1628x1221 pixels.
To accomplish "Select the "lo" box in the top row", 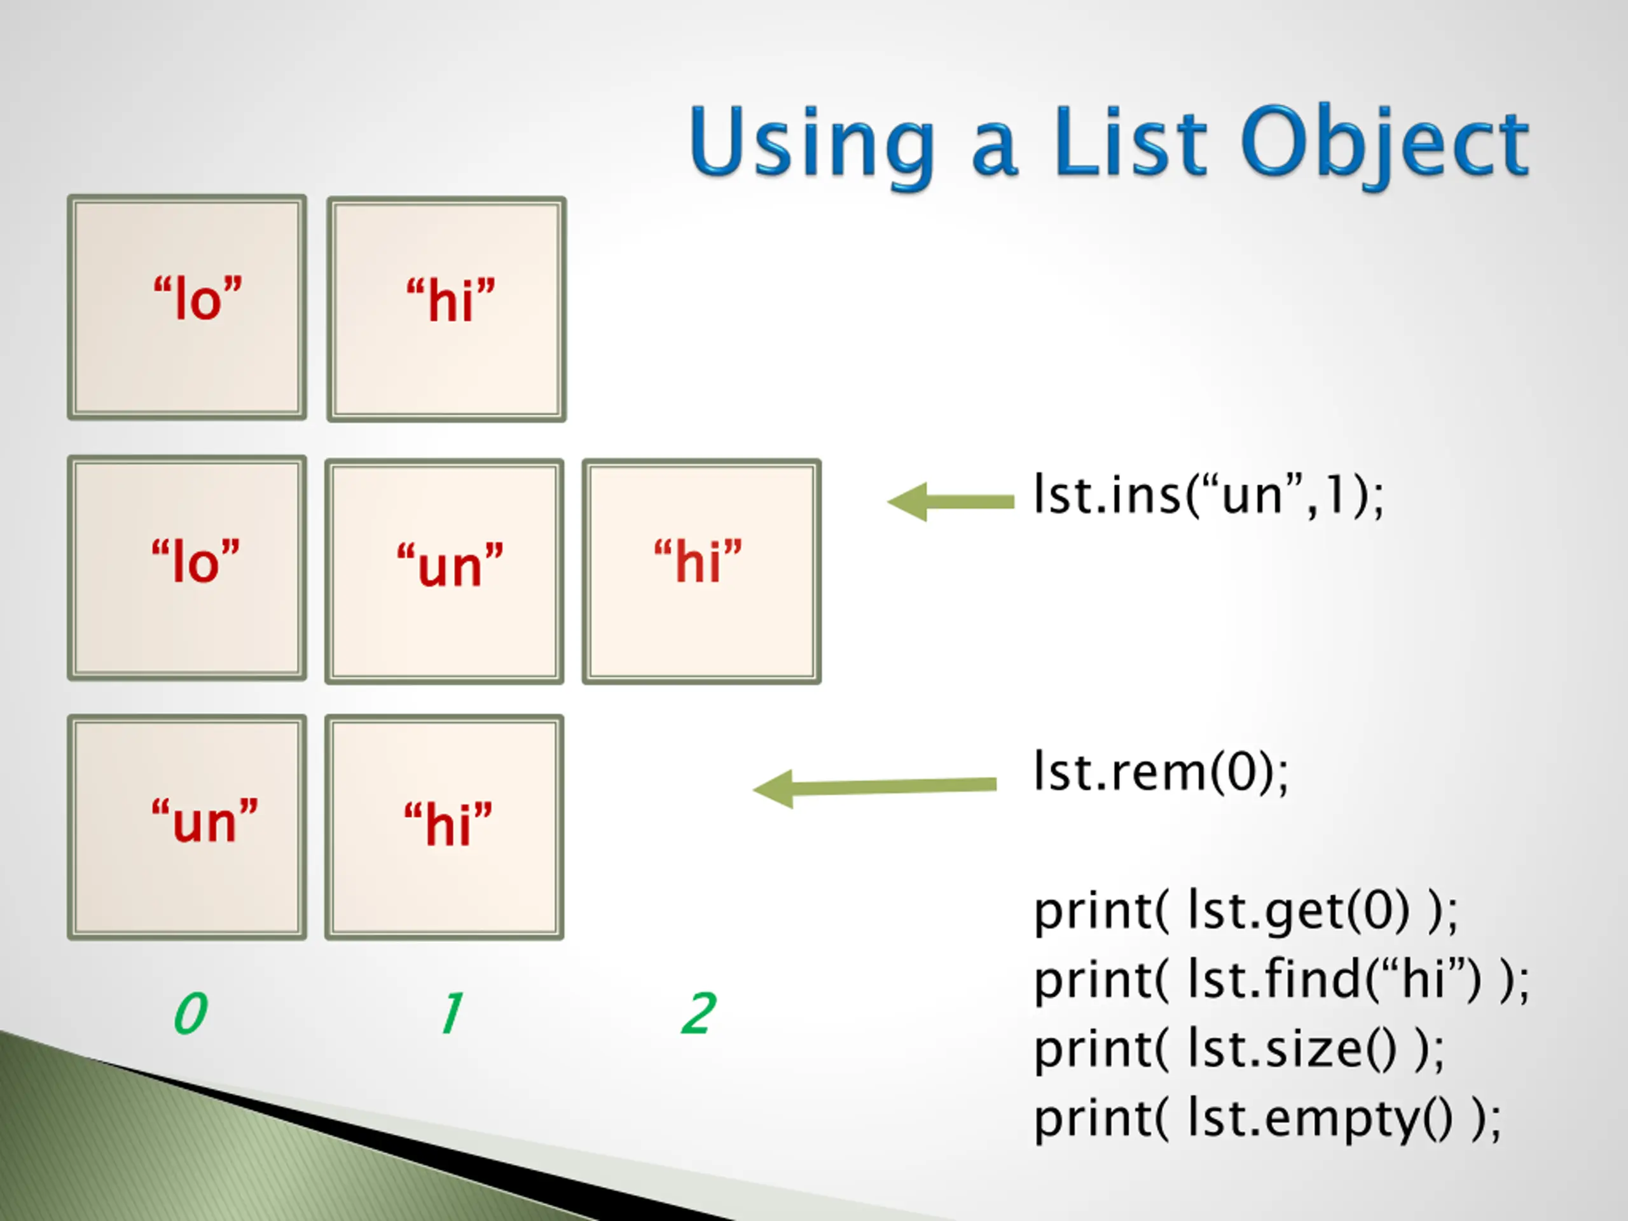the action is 187,307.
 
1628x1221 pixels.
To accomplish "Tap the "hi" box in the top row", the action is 446,308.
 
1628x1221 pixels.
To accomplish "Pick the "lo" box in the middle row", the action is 187,567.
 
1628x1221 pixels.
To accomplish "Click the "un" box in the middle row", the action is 445,570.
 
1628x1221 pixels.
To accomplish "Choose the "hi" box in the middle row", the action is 701,570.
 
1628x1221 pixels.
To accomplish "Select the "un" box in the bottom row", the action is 187,827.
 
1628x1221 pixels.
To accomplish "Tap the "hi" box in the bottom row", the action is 445,827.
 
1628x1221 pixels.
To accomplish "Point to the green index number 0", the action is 191,1014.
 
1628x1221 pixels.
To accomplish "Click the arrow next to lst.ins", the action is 950,502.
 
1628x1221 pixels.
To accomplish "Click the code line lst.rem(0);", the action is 1161,772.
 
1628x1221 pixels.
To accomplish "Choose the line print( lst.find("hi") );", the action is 1281,981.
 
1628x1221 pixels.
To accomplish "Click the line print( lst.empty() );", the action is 1267,1118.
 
